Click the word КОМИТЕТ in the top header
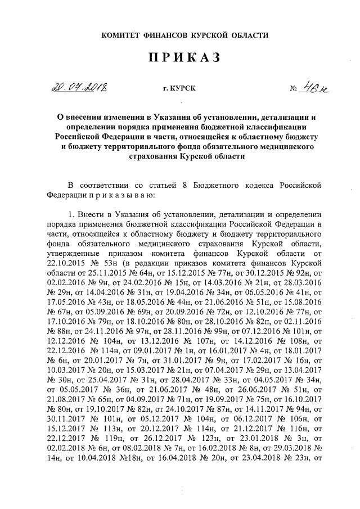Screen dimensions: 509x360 [120, 35]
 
